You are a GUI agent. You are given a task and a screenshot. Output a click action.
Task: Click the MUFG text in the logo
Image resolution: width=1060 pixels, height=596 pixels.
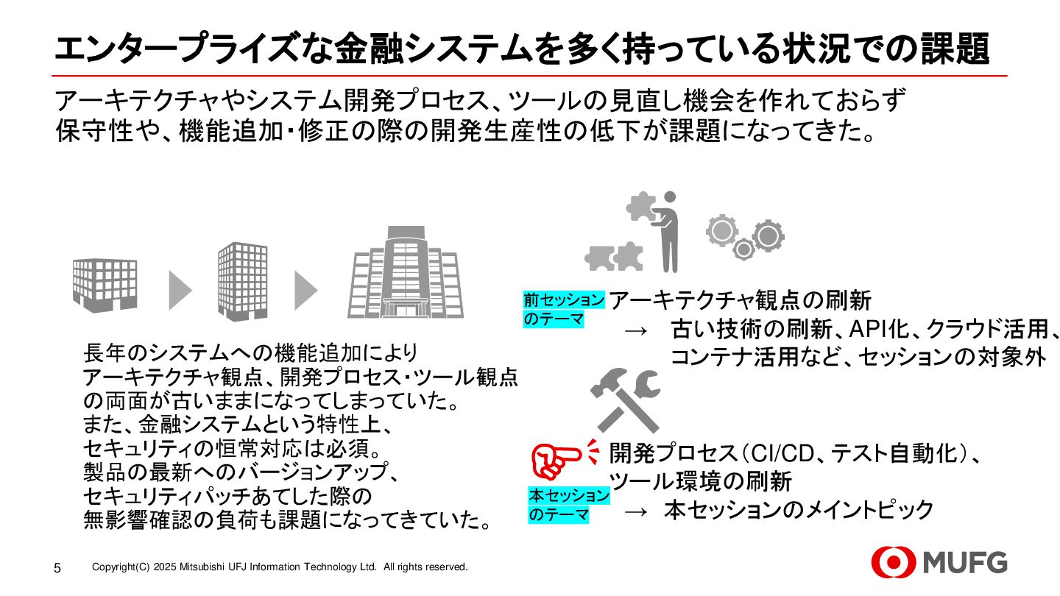click(965, 564)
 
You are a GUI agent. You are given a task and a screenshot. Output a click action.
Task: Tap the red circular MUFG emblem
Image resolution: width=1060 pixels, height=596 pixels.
click(894, 564)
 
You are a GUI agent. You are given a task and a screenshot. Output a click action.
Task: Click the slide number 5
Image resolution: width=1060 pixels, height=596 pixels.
click(57, 568)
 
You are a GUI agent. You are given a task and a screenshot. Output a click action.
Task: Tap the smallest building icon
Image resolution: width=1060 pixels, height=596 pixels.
click(105, 282)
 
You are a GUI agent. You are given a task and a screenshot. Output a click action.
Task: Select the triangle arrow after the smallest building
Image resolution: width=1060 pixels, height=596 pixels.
click(180, 290)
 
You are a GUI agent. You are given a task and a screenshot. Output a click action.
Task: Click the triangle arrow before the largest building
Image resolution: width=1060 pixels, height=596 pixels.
click(305, 290)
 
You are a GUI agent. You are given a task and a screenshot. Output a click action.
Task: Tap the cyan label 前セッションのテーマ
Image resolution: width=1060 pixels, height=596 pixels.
click(564, 309)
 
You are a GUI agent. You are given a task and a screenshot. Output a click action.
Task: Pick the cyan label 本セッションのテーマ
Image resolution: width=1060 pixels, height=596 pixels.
click(569, 505)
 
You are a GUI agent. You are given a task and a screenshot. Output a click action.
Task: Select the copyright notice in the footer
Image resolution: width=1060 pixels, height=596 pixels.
click(280, 567)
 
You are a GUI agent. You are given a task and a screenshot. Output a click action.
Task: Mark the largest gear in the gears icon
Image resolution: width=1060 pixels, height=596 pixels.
click(767, 235)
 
